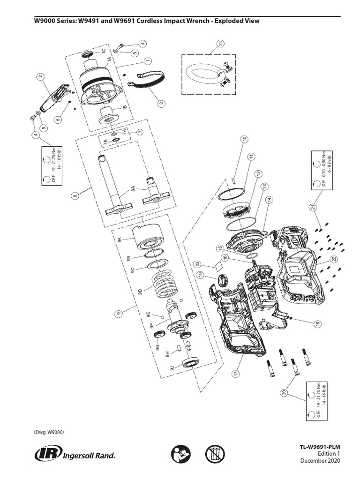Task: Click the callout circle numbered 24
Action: click(x=220, y=44)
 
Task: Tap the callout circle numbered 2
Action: click(x=40, y=77)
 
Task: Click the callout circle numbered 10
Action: click(x=244, y=139)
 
